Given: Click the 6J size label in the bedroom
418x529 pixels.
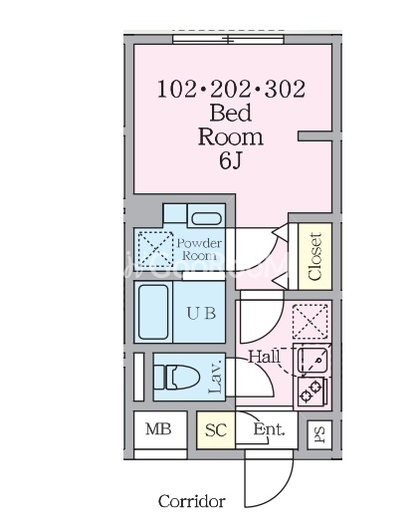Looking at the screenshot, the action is click(x=231, y=160).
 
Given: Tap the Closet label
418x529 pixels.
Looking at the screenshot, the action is click(x=315, y=256).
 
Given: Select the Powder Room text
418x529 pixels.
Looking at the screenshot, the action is click(x=200, y=249).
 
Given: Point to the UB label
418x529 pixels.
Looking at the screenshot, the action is click(x=201, y=314).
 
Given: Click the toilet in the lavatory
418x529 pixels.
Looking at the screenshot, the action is click(x=176, y=377).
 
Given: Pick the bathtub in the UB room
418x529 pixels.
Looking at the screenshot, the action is click(x=153, y=312).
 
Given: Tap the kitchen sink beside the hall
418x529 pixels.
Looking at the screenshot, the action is click(x=313, y=361).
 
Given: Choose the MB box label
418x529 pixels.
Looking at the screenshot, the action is click(x=158, y=429).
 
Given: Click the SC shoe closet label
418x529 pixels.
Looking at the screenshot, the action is click(x=216, y=429).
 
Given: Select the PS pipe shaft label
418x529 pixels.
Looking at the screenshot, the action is click(x=319, y=435).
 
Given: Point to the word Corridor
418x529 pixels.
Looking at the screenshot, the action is click(x=192, y=501).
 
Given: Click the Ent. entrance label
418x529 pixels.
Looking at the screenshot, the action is click(x=269, y=429).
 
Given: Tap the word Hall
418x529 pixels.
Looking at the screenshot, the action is click(x=265, y=357).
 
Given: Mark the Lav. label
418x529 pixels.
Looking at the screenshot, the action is click(x=215, y=376).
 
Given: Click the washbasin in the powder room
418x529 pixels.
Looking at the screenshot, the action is click(x=206, y=218).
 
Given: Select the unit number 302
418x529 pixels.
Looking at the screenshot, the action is click(x=286, y=89).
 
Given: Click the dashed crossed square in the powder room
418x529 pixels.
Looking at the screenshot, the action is click(x=155, y=249).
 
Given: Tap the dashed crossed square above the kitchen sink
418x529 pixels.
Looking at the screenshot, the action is click(x=311, y=322).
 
